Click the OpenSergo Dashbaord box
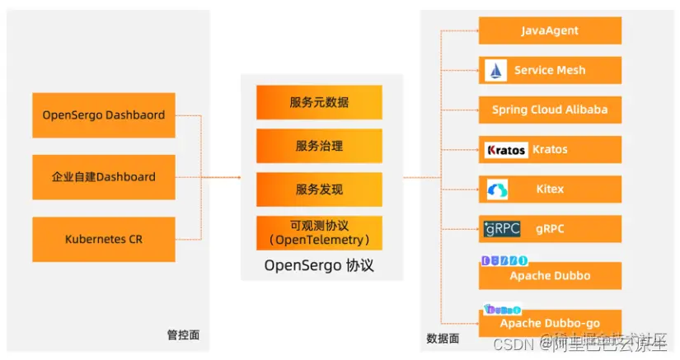[x=104, y=115]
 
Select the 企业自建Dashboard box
[x=104, y=177]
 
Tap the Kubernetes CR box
[x=104, y=240]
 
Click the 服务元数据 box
[x=319, y=102]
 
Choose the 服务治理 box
[x=319, y=146]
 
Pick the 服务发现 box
[x=319, y=189]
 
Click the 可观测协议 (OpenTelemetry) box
[x=319, y=233]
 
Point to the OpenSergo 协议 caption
[x=319, y=266]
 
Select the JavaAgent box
[x=550, y=30]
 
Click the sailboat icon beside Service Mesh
[x=496, y=70]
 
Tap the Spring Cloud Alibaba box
[x=550, y=110]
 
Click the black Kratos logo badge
[x=506, y=150]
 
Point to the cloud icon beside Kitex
[x=498, y=189]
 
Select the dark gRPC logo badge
[x=502, y=229]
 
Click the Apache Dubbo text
[x=550, y=276]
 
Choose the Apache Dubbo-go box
[x=550, y=323]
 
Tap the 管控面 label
[x=183, y=335]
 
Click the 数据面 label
[x=443, y=338]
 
